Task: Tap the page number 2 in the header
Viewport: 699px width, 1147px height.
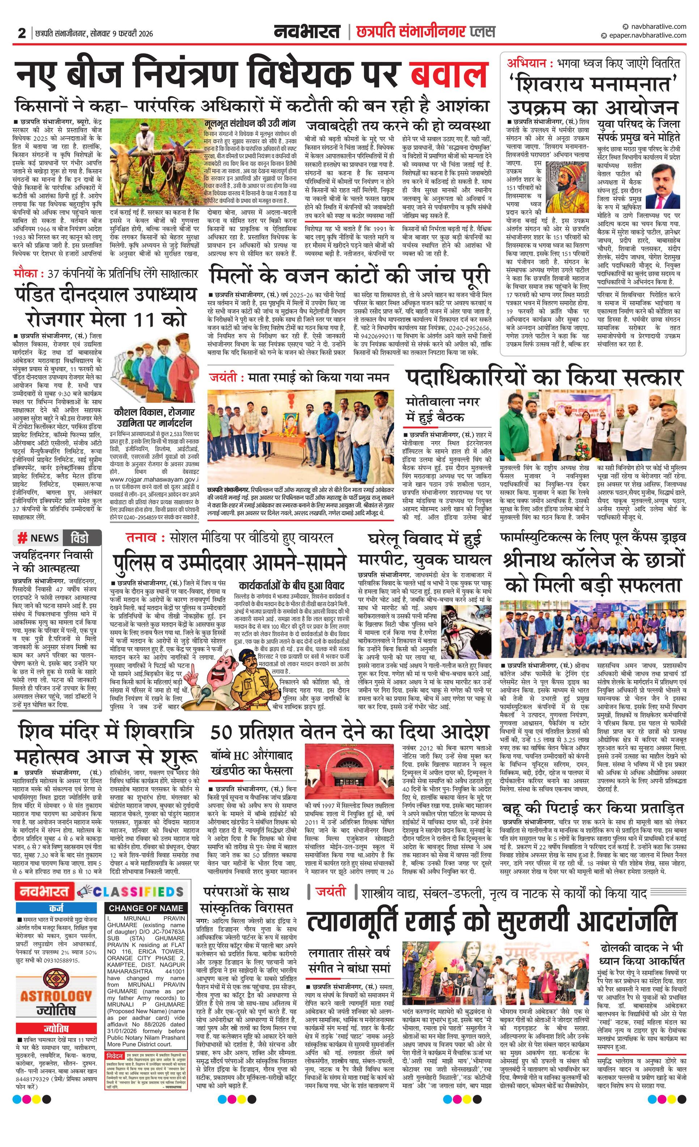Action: click(x=21, y=33)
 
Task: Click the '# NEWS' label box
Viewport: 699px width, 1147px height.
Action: click(x=38, y=538)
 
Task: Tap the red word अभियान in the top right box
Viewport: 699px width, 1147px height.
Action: click(x=524, y=63)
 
